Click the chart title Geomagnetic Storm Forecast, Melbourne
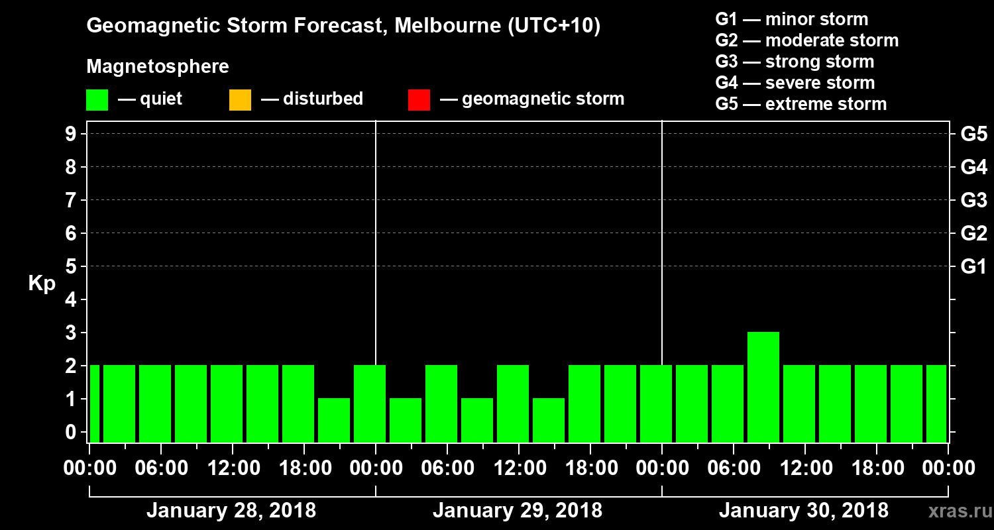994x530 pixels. pyautogui.click(x=343, y=26)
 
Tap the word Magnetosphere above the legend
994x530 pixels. pyautogui.click(x=158, y=67)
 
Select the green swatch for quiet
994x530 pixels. pyautogui.click(x=97, y=100)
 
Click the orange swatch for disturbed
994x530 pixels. pyautogui.click(x=240, y=100)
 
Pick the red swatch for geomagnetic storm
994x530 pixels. pyautogui.click(x=419, y=100)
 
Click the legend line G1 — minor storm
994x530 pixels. pyautogui.click(x=791, y=19)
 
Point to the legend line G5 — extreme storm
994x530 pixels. pyautogui.click(x=801, y=104)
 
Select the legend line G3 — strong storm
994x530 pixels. pyautogui.click(x=795, y=62)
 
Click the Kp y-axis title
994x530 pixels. pyautogui.click(x=42, y=284)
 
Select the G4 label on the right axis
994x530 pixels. pyautogui.click(x=973, y=167)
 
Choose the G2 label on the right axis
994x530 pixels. pyautogui.click(x=973, y=233)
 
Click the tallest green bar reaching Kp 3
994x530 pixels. pyautogui.click(x=763, y=387)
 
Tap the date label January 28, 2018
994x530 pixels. pyautogui.click(x=231, y=511)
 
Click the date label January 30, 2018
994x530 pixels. pyautogui.click(x=803, y=511)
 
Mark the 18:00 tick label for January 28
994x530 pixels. pyautogui.click(x=304, y=468)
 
